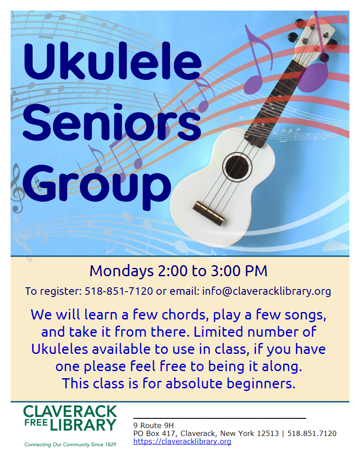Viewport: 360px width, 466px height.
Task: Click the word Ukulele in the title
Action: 112,61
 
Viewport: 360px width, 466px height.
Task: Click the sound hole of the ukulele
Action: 237,167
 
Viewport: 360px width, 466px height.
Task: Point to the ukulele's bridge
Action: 208,213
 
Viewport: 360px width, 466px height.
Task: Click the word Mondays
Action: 121,271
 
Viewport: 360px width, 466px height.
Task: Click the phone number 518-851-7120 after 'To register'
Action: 119,291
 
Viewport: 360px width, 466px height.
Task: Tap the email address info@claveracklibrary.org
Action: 266,291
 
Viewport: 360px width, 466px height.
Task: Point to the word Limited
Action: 218,332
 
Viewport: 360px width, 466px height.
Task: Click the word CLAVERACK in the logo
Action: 70,411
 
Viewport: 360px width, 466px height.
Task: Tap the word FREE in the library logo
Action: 36,423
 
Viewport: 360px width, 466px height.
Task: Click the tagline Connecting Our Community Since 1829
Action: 70,444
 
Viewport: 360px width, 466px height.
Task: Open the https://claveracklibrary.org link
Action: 182,441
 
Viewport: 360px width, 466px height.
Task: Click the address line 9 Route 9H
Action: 153,425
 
